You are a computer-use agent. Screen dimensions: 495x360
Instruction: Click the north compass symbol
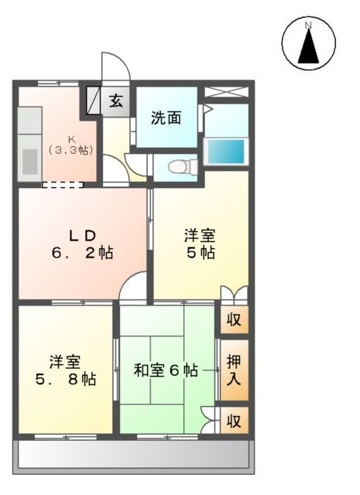click(x=308, y=43)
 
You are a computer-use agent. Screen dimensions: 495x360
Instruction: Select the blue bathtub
click(x=227, y=150)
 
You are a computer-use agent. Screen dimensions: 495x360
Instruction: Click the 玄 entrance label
click(x=116, y=101)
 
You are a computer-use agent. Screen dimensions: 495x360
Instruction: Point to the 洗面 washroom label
click(x=166, y=118)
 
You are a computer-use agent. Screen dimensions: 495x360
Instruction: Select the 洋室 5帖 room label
click(x=199, y=244)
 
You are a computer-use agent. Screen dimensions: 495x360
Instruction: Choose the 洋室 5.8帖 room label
click(x=65, y=370)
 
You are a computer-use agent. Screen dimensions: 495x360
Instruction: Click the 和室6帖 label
click(x=165, y=370)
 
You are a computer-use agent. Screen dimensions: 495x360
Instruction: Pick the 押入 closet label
click(x=234, y=370)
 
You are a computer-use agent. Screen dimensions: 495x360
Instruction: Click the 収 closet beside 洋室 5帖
click(x=234, y=319)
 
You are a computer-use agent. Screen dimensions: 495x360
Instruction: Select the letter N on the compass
click(x=308, y=26)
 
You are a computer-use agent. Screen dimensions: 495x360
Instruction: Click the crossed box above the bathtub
click(x=226, y=92)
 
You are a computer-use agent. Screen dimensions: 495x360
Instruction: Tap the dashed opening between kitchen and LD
click(x=62, y=184)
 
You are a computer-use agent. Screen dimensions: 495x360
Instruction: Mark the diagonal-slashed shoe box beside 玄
click(x=94, y=101)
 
